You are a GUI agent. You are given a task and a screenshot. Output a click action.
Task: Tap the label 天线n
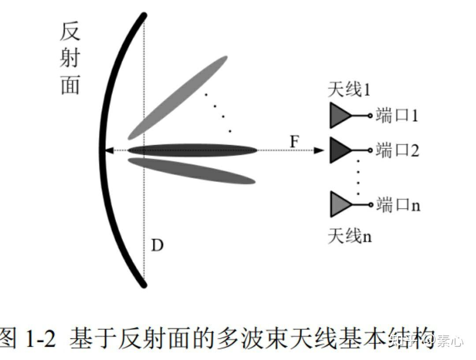tap(350, 236)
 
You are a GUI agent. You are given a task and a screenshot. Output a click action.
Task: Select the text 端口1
tap(397, 116)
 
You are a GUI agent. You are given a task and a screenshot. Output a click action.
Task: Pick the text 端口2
tap(397, 151)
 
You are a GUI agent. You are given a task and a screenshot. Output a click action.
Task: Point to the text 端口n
tap(398, 205)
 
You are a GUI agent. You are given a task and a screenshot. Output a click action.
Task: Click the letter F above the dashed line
tap(295, 142)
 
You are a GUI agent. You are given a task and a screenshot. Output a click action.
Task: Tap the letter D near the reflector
tap(157, 245)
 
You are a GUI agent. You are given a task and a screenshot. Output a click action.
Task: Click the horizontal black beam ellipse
tap(192, 150)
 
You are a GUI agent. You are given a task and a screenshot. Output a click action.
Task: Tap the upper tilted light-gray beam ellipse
tap(178, 97)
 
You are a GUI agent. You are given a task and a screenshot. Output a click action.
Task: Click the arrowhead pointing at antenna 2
tap(319, 151)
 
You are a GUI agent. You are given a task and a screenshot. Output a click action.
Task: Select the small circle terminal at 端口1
tap(371, 116)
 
